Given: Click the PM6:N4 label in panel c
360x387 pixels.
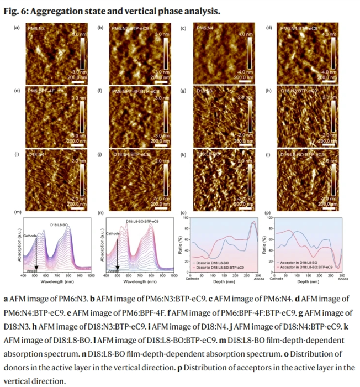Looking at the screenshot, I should coord(205,28).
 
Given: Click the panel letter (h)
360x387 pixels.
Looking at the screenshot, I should coord(268,90).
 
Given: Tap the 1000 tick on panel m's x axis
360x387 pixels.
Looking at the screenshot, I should coord(91,275).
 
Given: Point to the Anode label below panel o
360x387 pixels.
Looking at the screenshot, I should coord(258,279).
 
